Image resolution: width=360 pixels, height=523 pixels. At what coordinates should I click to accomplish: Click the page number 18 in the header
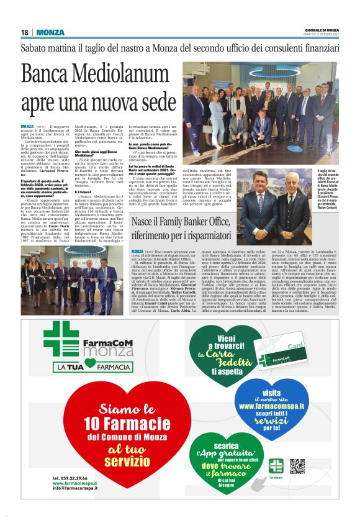click(x=24, y=32)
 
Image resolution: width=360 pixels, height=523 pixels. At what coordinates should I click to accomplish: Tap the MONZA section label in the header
click(x=50, y=32)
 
